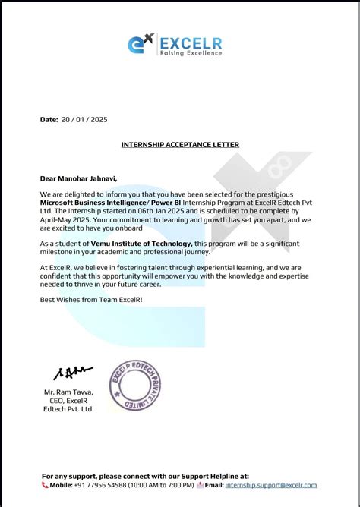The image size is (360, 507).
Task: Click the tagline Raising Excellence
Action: click(x=191, y=53)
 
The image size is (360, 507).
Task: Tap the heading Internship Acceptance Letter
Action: click(x=180, y=144)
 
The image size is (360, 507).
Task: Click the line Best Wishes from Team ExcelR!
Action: click(x=90, y=300)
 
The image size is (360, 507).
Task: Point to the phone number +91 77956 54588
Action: click(x=107, y=484)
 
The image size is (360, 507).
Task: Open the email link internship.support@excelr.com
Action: click(x=271, y=484)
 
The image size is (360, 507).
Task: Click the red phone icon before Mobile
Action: click(x=45, y=484)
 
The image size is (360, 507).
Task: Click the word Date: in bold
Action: click(x=49, y=119)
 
